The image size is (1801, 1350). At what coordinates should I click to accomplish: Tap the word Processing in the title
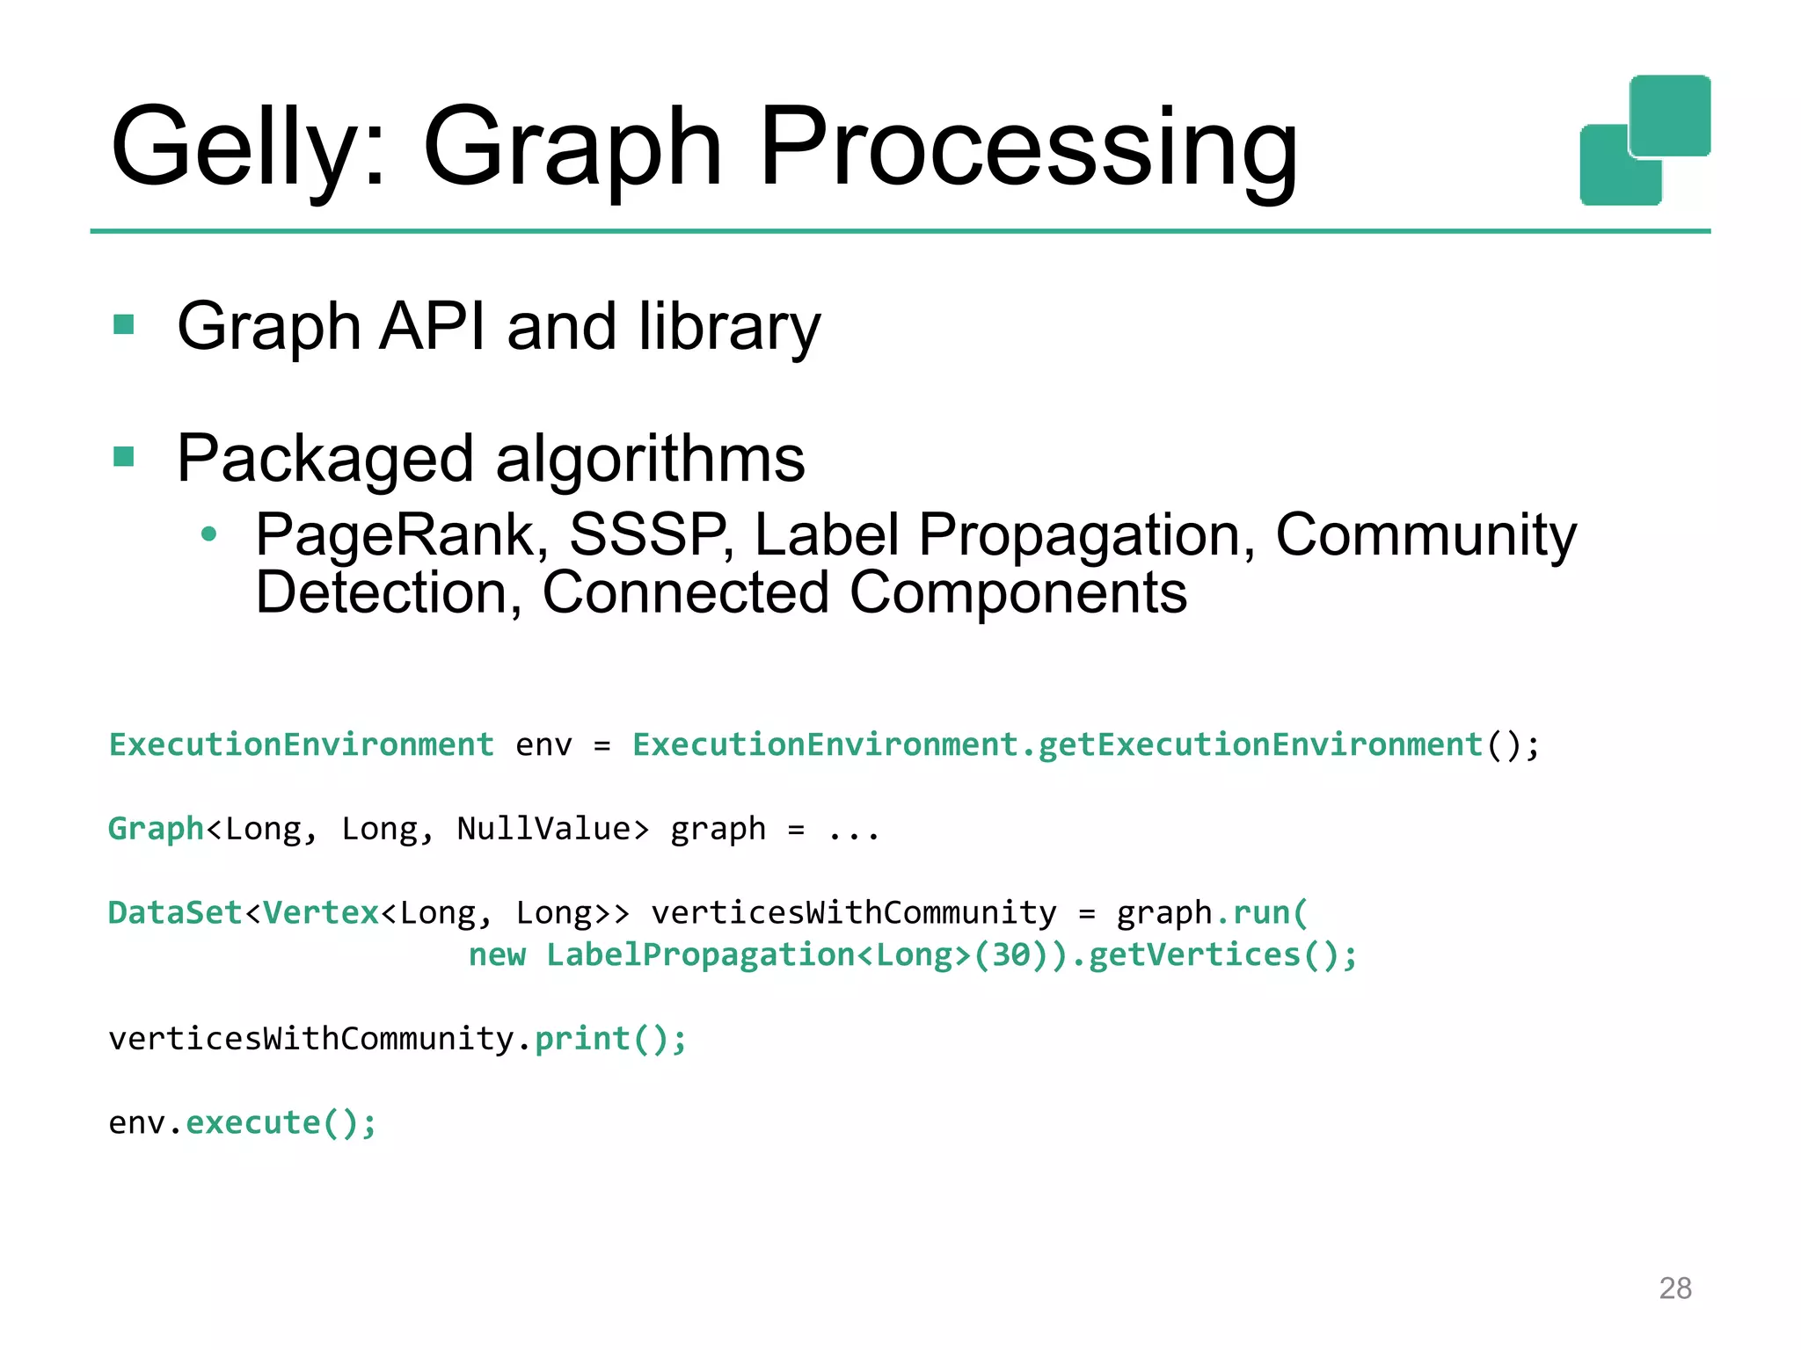coord(1029,148)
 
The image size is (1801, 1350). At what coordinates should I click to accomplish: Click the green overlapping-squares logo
coord(1644,141)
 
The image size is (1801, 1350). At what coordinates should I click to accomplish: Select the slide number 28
coord(1675,1288)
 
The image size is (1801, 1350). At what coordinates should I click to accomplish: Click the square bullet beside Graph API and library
coord(124,325)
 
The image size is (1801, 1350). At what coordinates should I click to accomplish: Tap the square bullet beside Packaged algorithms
coord(124,457)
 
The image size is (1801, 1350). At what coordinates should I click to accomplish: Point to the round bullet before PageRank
coord(208,533)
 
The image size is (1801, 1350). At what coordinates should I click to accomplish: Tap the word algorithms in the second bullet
coord(651,459)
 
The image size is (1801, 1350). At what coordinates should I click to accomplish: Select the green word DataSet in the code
coord(175,913)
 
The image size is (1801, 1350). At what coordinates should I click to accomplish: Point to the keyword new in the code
coord(497,955)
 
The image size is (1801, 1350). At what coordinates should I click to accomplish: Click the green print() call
coord(610,1039)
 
